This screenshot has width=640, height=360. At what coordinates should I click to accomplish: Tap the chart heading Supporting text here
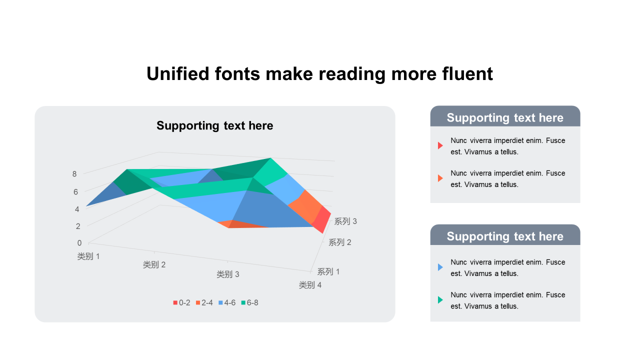coord(215,125)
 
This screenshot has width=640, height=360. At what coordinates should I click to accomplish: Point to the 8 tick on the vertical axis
coord(74,173)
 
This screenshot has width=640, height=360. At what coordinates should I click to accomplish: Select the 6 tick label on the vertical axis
coord(75,191)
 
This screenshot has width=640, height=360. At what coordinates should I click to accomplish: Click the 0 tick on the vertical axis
coord(79,243)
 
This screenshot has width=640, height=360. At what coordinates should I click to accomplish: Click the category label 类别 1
coord(88,256)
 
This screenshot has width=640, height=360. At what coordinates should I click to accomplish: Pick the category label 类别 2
coord(154,264)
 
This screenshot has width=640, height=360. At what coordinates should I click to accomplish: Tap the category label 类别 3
coord(228,274)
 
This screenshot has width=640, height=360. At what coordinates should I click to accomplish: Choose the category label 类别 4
coord(310,285)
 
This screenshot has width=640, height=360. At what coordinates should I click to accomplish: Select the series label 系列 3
coord(345,221)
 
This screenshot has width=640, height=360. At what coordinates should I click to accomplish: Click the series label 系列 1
coord(328,271)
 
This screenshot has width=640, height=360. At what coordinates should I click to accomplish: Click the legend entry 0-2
coord(181,302)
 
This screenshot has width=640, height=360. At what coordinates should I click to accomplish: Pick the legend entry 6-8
coord(249,302)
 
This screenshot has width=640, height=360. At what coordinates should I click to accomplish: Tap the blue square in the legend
coord(220,302)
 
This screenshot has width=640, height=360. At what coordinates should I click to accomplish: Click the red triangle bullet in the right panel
coord(440,145)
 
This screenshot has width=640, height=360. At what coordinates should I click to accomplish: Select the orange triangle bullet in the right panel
coord(440,178)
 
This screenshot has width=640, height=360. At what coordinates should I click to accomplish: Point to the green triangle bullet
coord(440,299)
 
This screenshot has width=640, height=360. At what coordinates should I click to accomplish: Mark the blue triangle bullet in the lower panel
coord(440,267)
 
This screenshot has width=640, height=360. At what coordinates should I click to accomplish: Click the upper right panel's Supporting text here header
coord(505,117)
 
